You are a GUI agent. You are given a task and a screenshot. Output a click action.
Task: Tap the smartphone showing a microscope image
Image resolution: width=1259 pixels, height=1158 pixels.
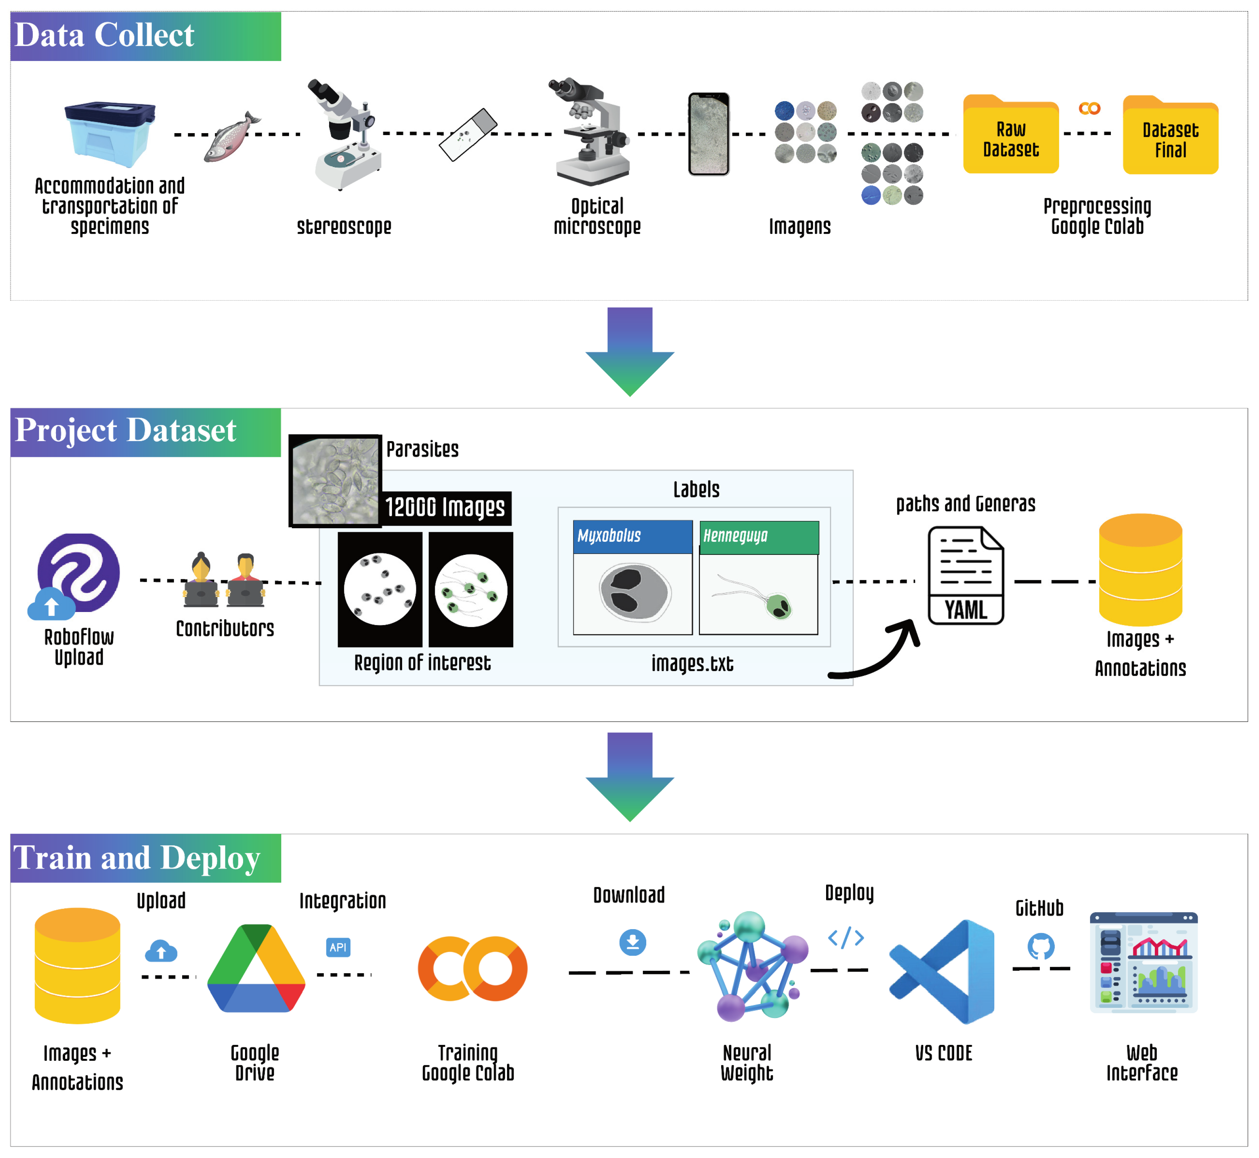[x=709, y=134]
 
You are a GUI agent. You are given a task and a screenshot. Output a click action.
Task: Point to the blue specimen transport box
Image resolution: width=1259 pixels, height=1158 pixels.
[x=110, y=135]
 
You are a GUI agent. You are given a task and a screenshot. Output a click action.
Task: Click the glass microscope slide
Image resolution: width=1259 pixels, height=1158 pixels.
[x=468, y=135]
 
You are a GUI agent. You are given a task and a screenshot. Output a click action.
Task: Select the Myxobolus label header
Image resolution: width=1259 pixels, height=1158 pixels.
[x=632, y=536]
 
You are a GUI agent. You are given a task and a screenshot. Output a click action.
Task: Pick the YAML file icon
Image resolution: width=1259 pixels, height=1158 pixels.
[x=966, y=575]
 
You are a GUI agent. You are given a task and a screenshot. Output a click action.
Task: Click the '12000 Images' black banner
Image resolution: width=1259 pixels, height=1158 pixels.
[x=446, y=507]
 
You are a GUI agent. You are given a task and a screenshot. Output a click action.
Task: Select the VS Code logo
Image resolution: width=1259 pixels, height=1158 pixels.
[x=941, y=971]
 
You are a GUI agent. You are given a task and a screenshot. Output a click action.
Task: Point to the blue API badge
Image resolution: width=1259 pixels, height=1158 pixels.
[x=338, y=947]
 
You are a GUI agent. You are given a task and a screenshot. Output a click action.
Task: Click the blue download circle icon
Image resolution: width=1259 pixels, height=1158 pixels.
[x=632, y=942]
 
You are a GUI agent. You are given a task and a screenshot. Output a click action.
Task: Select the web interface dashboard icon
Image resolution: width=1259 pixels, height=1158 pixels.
[x=1143, y=962]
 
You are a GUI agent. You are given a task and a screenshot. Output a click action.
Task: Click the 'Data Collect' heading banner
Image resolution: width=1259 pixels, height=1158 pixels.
[x=145, y=36]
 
